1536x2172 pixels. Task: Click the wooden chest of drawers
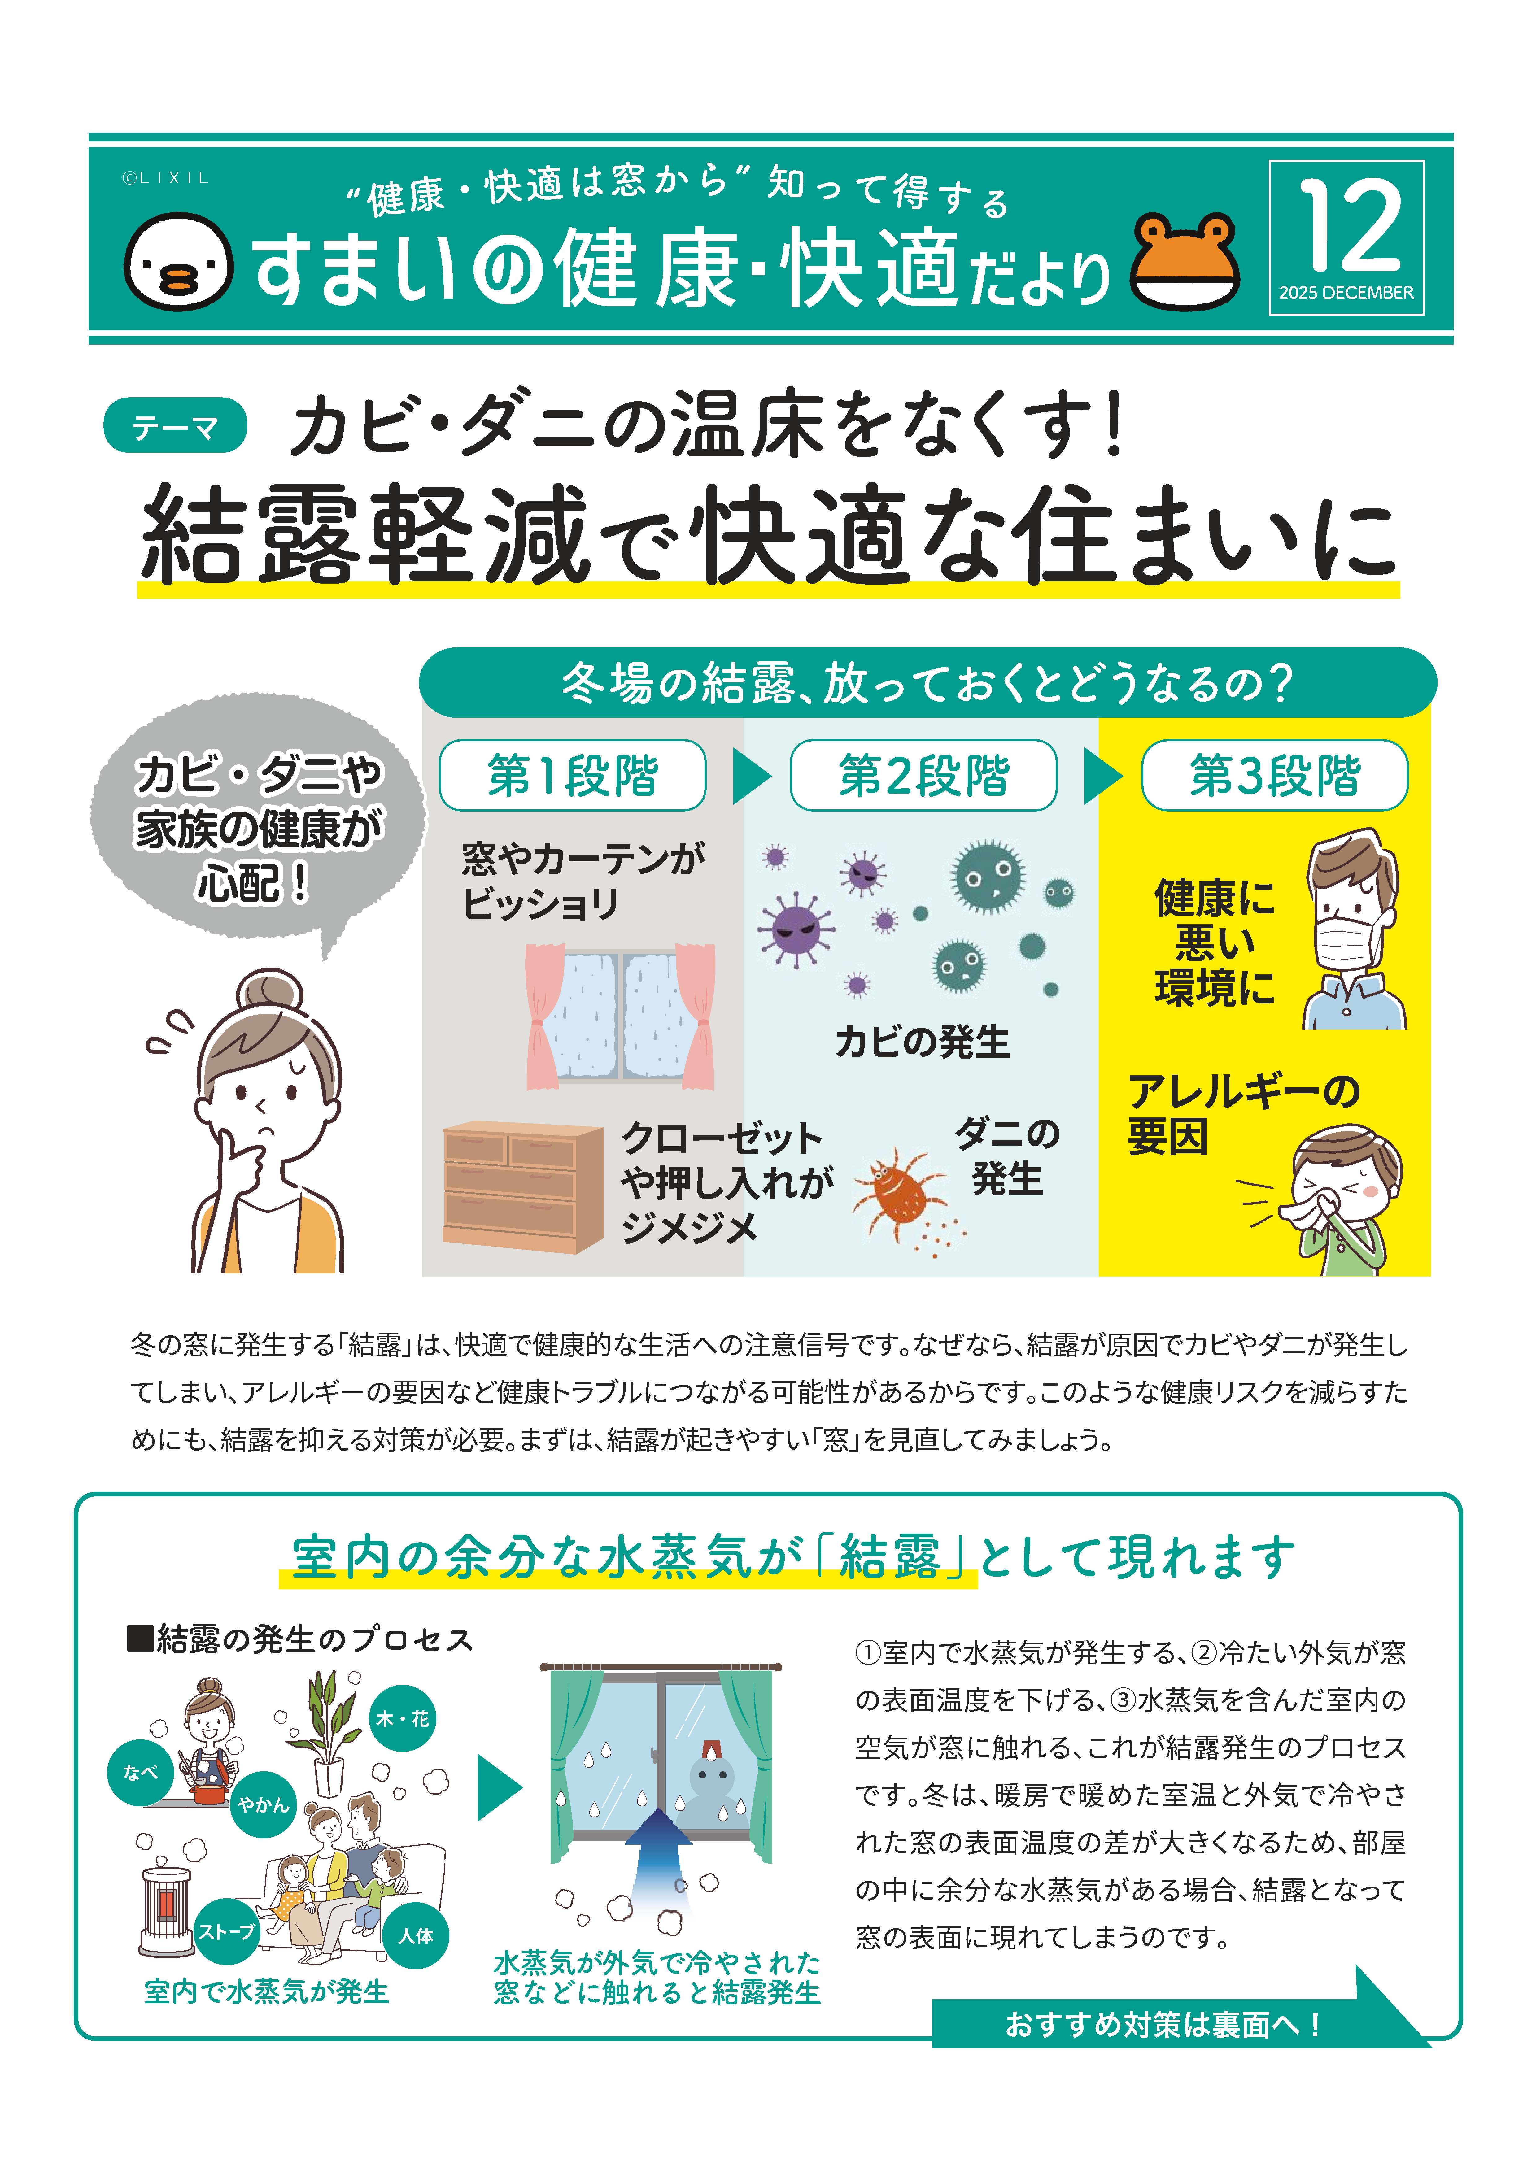coord(522,1186)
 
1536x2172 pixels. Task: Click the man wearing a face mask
coord(1351,932)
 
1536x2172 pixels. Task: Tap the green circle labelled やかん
coord(263,1804)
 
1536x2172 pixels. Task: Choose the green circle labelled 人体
coord(416,1935)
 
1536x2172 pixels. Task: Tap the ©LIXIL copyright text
coord(166,178)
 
